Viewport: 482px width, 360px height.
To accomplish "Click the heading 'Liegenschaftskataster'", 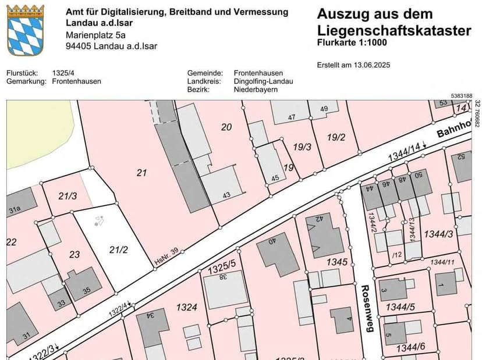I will coord(394,31).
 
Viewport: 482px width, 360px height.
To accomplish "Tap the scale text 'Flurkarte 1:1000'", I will coord(352,43).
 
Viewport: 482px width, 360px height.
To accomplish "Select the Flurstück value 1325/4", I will coord(63,73).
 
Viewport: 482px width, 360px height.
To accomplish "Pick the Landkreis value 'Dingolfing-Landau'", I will coord(263,81).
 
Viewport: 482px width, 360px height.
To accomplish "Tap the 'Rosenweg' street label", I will coord(366,308).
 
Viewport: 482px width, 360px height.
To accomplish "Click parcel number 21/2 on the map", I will coord(118,249).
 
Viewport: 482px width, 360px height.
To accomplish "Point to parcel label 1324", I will coord(187,306).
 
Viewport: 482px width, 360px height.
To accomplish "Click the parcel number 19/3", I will coord(302,148).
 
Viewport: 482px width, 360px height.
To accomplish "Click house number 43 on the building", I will coord(226,195).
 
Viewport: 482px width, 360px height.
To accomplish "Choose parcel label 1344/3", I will coord(438,234).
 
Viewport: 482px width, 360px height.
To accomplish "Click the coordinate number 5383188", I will coord(461,96).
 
